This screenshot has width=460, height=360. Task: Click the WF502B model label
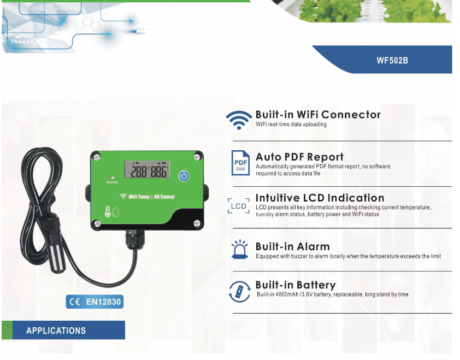point(392,60)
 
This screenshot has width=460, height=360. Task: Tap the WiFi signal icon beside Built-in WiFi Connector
point(239,119)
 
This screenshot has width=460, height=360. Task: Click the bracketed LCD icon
point(239,206)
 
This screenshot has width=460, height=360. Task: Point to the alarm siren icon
point(239,250)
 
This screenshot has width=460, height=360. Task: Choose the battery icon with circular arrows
point(239,291)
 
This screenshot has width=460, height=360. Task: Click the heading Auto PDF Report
point(299,157)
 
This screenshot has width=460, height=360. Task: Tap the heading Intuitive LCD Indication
point(320,198)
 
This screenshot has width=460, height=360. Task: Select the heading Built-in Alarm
point(292,246)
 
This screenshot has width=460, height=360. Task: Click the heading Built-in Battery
point(296,285)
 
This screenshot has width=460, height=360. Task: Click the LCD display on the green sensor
point(145,170)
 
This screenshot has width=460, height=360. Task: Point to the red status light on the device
point(111,178)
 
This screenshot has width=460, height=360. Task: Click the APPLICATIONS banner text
point(56,331)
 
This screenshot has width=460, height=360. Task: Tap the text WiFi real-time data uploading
point(291,125)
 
